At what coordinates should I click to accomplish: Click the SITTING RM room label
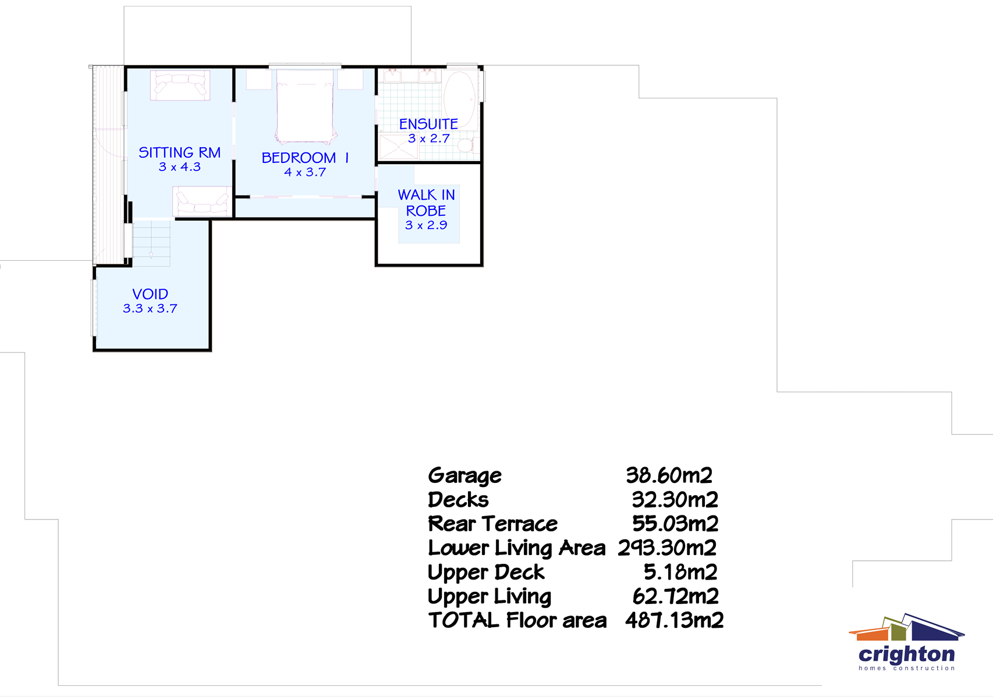[x=179, y=152]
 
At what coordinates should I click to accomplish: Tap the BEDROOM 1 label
[x=304, y=158]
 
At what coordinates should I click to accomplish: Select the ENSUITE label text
[x=428, y=124]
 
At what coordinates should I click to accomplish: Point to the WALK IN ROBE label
[x=426, y=202]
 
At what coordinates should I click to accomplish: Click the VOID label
[x=150, y=294]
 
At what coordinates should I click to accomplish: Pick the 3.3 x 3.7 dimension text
[x=150, y=309]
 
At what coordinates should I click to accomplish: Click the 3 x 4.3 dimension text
[x=179, y=167]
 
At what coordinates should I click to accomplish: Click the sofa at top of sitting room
[x=180, y=85]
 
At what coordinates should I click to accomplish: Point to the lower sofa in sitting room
[x=201, y=201]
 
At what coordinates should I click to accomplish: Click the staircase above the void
[x=151, y=243]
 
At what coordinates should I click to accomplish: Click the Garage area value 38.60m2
[x=669, y=475]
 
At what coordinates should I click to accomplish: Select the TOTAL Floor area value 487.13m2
[x=674, y=620]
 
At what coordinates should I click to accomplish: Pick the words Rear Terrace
[x=492, y=524]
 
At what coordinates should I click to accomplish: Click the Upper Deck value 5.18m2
[x=680, y=572]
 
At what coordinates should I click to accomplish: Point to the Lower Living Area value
[x=667, y=548]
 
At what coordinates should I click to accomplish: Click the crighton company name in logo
[x=906, y=655]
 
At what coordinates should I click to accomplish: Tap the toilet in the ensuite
[x=466, y=145]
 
